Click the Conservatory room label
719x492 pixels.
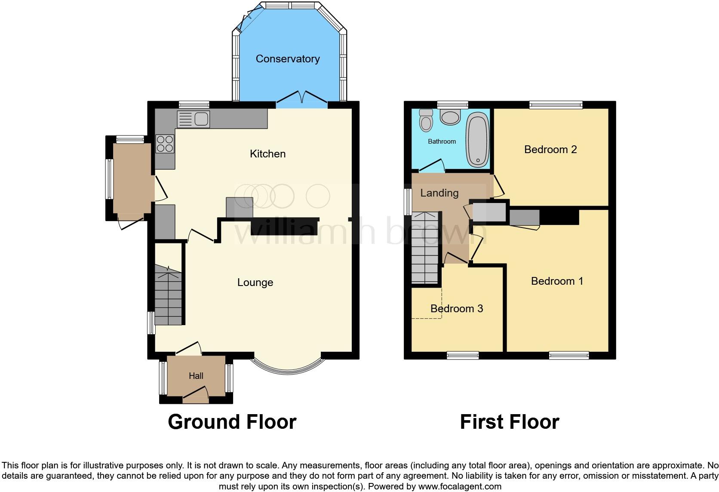coord(287,59)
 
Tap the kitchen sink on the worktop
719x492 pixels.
coord(193,119)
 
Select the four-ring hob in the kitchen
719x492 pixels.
coord(165,143)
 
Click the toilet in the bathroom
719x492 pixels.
coord(426,120)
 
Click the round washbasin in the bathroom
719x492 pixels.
coord(450,116)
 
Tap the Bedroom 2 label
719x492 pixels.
coord(550,150)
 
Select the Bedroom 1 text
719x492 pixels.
coord(557,281)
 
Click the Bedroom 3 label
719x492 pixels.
coord(456,308)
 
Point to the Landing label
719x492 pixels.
coord(439,193)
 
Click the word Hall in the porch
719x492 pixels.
coord(196,376)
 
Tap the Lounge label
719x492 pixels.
coord(255,283)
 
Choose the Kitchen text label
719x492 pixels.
coord(267,154)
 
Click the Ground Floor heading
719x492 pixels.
coord(232,422)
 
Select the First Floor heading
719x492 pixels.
coord(509,422)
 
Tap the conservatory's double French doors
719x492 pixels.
coord(302,98)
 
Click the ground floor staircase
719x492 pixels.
coord(168,297)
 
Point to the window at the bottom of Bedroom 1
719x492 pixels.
coord(568,355)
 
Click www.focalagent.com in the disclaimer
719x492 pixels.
coord(459,487)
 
